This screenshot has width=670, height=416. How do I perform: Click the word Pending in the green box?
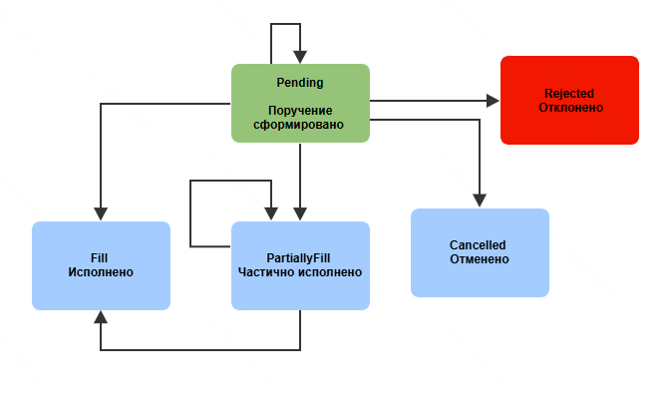tap(299, 82)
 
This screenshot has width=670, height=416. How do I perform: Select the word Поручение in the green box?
tap(300, 110)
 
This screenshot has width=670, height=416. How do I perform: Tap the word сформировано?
tap(300, 125)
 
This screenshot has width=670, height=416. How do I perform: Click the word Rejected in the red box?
tap(569, 92)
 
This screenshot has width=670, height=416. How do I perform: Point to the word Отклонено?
tap(569, 107)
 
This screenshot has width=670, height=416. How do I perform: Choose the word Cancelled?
tap(478, 244)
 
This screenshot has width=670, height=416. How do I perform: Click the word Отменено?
tap(479, 259)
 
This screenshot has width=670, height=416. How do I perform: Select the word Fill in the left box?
tap(100, 257)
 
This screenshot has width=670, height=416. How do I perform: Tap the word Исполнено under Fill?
tap(100, 272)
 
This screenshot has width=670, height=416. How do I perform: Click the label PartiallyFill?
tap(299, 257)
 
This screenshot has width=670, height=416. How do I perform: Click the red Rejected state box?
tap(569, 125)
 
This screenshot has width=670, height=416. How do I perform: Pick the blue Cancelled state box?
tap(480, 279)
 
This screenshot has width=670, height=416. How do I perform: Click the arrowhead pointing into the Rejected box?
tap(493, 101)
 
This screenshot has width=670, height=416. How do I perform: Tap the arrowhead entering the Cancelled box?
tap(480, 202)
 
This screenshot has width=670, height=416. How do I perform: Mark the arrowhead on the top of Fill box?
tap(101, 214)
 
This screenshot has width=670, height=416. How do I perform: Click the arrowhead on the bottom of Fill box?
tap(101, 315)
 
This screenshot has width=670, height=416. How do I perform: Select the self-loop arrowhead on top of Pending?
tap(300, 58)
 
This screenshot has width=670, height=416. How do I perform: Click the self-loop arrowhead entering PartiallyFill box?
tap(270, 214)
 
